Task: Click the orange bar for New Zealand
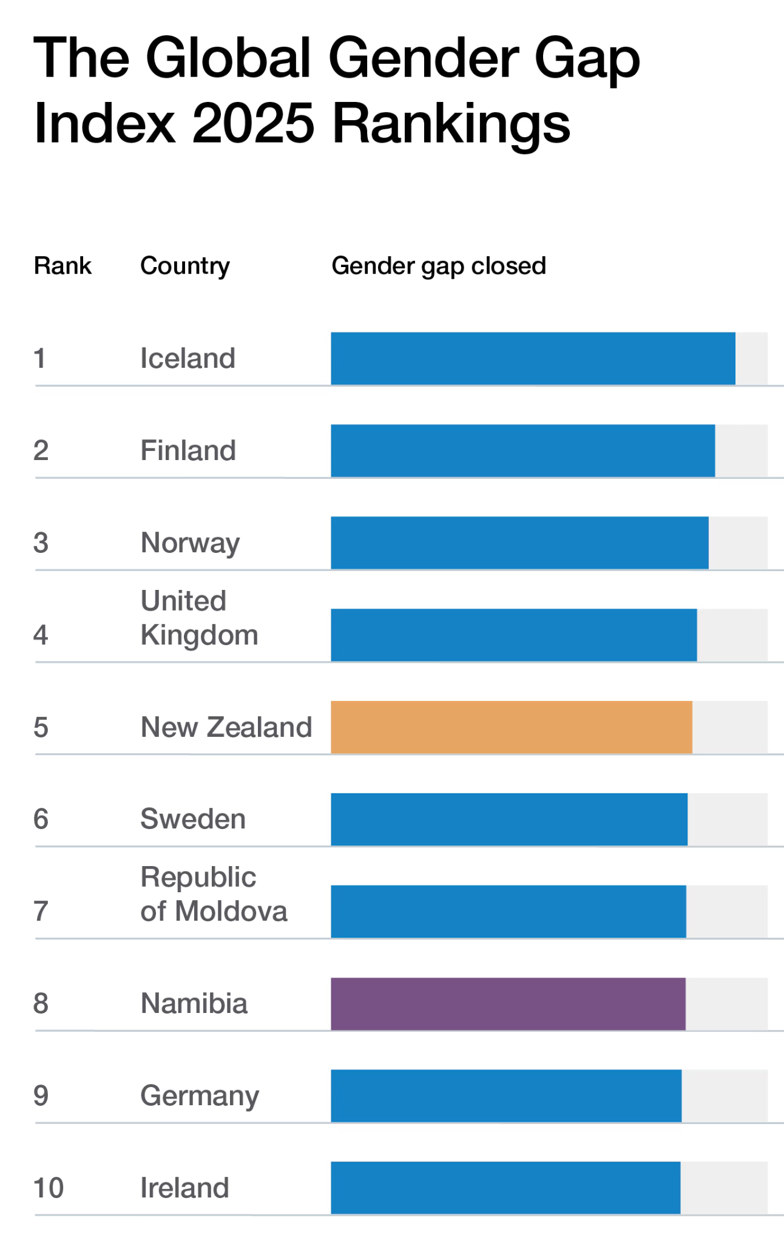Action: tap(511, 727)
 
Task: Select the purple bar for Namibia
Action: tap(508, 1003)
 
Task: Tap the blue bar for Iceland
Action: tap(533, 358)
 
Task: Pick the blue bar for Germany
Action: tap(505, 1096)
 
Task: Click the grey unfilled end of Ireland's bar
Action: tap(723, 1188)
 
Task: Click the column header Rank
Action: tap(63, 266)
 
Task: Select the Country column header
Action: tap(185, 266)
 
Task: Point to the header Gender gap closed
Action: tap(438, 266)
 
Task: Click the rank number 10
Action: tap(49, 1188)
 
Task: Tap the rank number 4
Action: tap(41, 635)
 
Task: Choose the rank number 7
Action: tap(41, 911)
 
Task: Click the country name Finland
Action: tap(188, 450)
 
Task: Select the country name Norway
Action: tap(190, 543)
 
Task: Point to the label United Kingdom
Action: tap(199, 618)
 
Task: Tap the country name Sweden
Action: tap(193, 819)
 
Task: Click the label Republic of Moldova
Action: tap(213, 894)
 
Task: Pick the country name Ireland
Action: tap(184, 1188)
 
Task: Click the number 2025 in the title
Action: tap(253, 123)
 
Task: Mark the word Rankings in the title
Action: tap(451, 124)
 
